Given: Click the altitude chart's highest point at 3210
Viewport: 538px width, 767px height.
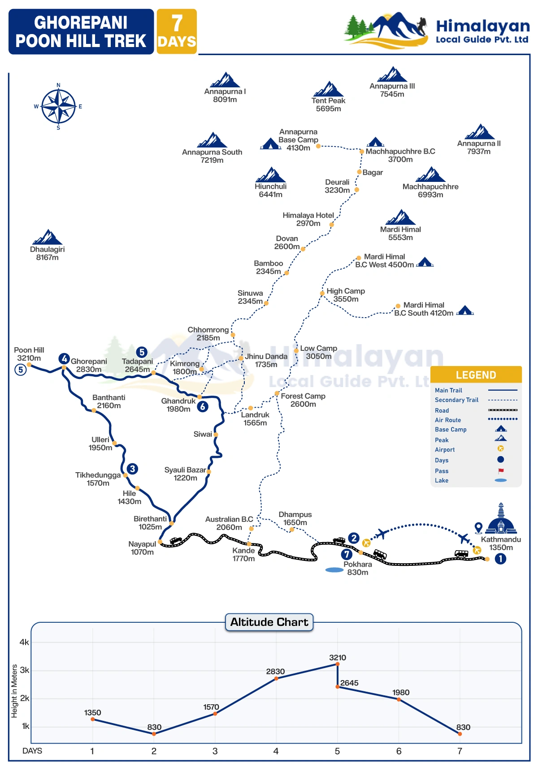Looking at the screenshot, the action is point(337,664).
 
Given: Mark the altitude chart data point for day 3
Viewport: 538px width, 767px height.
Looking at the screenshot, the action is point(215,714).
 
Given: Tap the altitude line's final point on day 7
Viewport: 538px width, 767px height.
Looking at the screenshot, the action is point(460,734).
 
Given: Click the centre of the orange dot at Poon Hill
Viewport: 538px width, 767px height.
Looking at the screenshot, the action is point(29,365).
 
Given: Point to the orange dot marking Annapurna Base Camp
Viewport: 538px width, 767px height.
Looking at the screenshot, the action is point(318,146).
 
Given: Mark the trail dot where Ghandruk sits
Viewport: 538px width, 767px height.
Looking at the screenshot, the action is point(200,397).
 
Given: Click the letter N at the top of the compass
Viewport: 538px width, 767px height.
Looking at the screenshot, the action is point(58,85).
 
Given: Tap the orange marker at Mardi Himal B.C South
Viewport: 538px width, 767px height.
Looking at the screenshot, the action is point(398,306).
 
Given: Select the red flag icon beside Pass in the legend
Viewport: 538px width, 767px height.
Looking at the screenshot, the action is point(501,471).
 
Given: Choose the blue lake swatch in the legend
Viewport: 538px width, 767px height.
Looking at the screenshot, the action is point(501,480).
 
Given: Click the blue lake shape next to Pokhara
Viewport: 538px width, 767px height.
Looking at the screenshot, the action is point(334,570).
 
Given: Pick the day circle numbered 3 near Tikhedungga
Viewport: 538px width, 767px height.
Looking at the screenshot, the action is point(132,469).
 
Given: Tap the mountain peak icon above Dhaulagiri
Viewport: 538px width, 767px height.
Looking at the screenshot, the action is point(47,237).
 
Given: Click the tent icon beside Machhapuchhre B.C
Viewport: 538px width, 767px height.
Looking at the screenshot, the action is point(375,142).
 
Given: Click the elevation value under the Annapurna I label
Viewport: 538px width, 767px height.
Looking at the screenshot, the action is point(225,99).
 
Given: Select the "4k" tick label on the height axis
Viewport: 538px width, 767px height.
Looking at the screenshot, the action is point(24,642).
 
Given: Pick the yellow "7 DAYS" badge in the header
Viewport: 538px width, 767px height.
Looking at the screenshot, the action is point(177,31).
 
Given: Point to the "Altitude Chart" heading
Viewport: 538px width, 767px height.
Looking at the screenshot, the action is point(269,622).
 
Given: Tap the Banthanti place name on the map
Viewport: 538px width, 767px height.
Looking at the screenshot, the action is point(108,397).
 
